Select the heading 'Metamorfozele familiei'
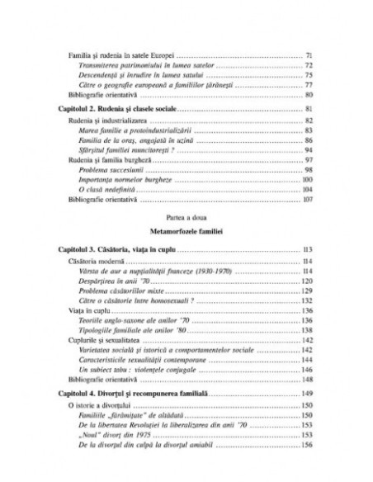pos(185,233)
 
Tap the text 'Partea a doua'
pos(185,217)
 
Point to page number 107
pos(306,199)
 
